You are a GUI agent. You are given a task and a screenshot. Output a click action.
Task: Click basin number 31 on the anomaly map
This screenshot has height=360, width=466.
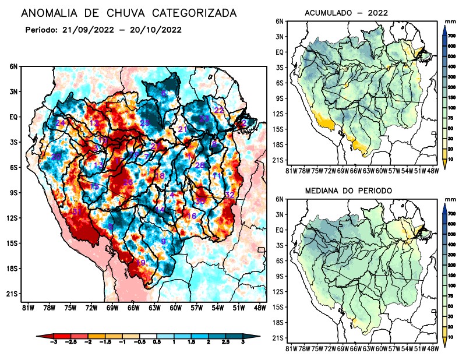pyautogui.click(x=76, y=211)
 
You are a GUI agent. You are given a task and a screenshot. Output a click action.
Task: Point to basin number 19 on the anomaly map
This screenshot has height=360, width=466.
pyautogui.click(x=140, y=263)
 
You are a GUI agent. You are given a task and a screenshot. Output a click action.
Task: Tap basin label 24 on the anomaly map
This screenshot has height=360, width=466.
pyautogui.click(x=61, y=123)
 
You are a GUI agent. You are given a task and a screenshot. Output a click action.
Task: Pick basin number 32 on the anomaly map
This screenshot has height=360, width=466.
pyautogui.click(x=229, y=195)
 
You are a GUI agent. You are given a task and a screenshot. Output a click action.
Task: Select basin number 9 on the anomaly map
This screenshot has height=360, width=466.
pyautogui.click(x=164, y=241)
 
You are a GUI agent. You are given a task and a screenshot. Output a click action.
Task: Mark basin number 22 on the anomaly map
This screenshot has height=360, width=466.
pyautogui.click(x=219, y=110)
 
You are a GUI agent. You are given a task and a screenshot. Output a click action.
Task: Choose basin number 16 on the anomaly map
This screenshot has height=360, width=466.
pyautogui.click(x=190, y=216)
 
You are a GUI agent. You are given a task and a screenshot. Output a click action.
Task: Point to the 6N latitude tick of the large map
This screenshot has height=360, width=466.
pyautogui.click(x=13, y=66)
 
